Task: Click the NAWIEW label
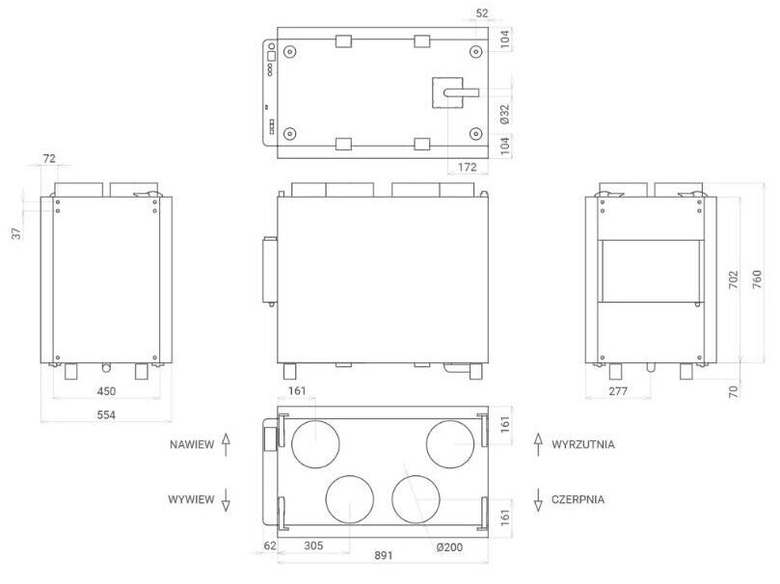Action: pos(190,445)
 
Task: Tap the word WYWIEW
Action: pos(190,499)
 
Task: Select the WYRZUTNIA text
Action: pos(583,445)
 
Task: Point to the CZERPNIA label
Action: pos(579,499)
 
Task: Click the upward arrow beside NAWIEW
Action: pos(226,444)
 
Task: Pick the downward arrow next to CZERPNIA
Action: pos(538,499)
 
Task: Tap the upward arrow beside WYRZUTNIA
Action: pos(538,444)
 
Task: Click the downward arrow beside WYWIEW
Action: pos(226,499)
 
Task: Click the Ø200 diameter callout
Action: pos(449,546)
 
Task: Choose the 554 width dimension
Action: pos(105,414)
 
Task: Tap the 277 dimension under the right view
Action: pos(619,392)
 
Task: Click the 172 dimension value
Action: pos(467,168)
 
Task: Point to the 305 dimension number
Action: pos(312,545)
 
